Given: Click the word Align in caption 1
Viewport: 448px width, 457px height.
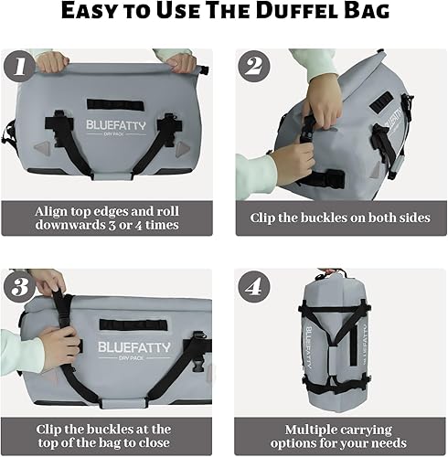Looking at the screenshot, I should click(x=54, y=211).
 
